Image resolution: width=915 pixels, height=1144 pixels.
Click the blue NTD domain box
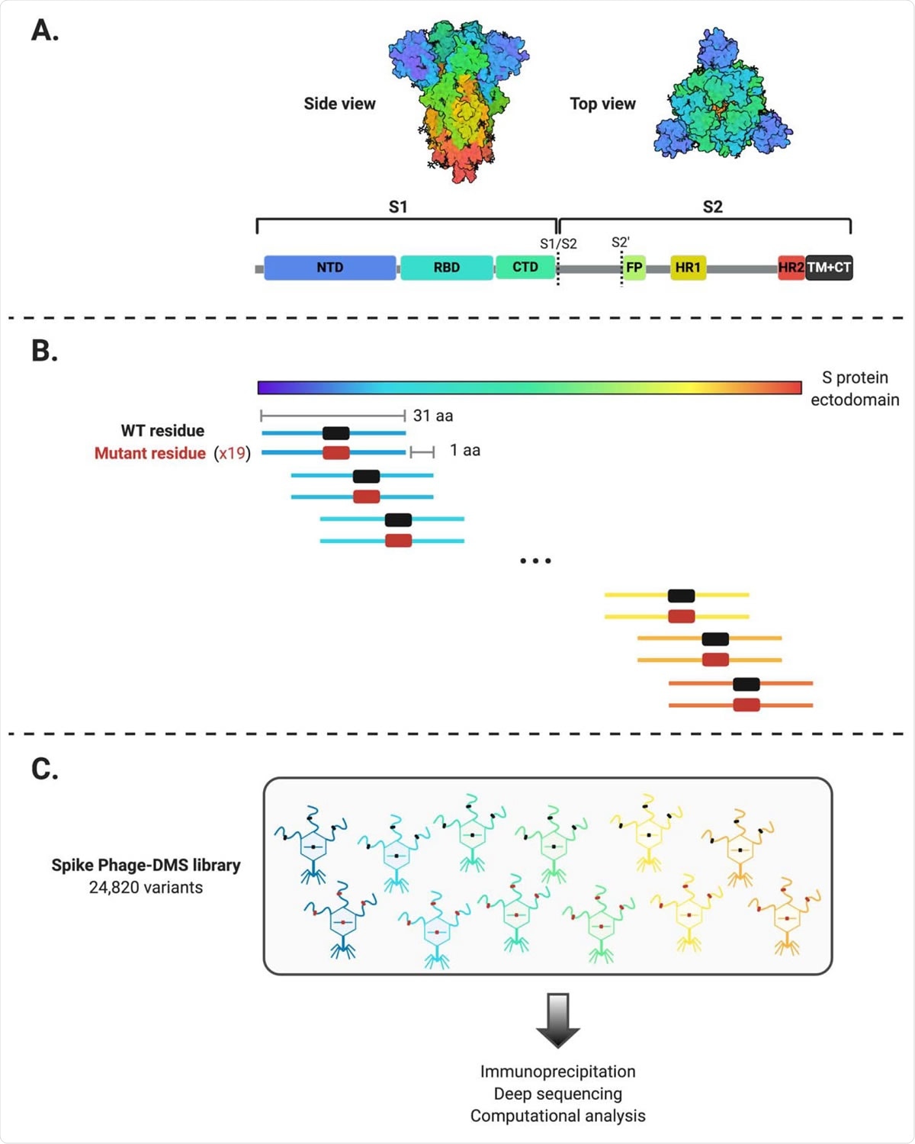(329, 268)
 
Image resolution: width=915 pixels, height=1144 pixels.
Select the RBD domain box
(446, 268)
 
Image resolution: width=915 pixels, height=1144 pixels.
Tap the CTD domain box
(525, 267)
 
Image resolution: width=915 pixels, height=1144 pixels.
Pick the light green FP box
(634, 268)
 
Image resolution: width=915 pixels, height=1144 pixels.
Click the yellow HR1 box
(688, 268)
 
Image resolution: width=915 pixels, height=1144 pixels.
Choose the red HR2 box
(791, 268)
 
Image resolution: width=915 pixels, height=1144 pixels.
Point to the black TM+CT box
(829, 268)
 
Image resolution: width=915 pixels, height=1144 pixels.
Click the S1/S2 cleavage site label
(558, 244)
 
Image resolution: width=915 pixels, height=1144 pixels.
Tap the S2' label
(621, 243)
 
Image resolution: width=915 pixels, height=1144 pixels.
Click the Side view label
(339, 104)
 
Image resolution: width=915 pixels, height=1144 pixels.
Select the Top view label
(602, 104)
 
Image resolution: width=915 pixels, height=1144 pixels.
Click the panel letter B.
(44, 351)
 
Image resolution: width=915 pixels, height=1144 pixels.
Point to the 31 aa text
(433, 416)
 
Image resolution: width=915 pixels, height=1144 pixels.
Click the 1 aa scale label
(465, 450)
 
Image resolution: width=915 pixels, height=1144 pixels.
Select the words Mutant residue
(150, 453)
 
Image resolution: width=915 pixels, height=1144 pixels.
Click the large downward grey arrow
(558, 1020)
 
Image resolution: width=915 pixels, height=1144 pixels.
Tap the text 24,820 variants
(146, 888)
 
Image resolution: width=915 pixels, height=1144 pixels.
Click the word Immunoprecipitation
(557, 1072)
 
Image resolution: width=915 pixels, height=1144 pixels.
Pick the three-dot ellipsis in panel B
(535, 561)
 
